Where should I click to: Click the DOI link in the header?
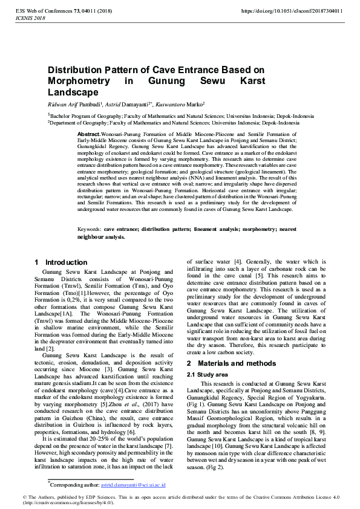coord(292,11)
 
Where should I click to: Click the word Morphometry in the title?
coord(80,81)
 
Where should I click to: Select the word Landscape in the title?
coord(73,92)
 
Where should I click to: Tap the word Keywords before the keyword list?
coord(90,230)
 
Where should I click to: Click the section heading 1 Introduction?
coord(61,262)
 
